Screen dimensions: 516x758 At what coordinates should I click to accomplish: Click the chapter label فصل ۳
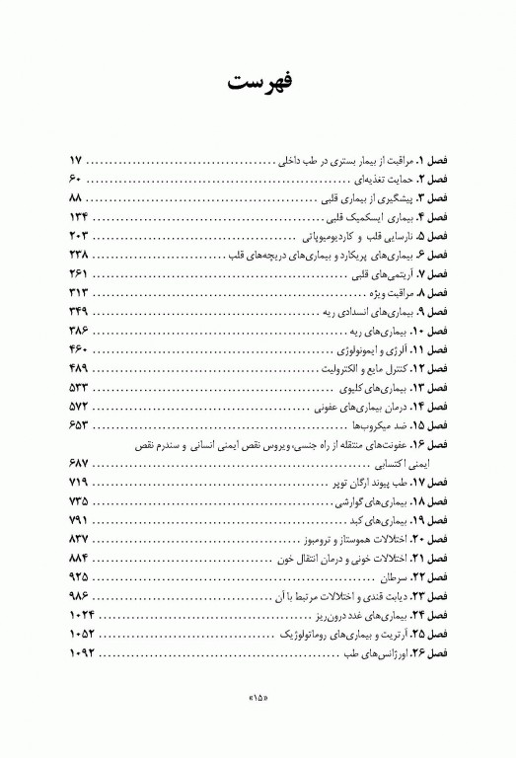click(432, 197)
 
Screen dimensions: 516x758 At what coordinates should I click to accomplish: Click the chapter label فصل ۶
click(432, 255)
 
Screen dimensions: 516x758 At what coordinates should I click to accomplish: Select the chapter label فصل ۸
click(432, 293)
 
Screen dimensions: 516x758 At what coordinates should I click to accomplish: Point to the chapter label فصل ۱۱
click(430, 349)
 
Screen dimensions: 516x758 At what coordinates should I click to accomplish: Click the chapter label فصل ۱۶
click(430, 444)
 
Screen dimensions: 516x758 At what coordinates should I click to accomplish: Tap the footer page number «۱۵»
click(258, 702)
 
